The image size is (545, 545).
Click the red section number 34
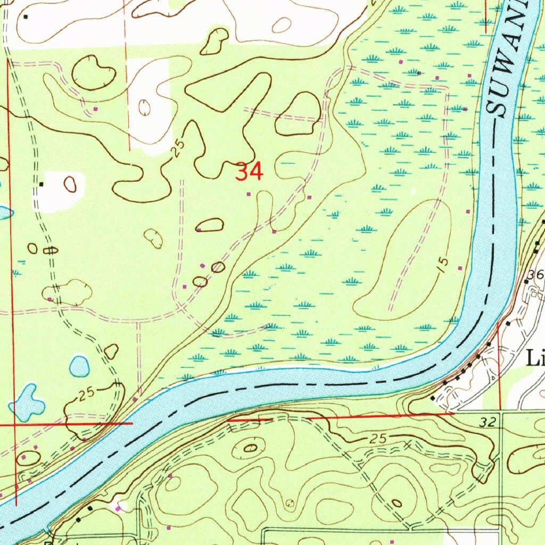[249, 172]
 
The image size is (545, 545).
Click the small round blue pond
[79, 366]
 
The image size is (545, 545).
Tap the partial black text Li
[535, 358]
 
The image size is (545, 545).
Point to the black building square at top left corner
[26, 16]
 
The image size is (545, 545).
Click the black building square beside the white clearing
[41, 184]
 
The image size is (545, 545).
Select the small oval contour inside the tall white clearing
[144, 107]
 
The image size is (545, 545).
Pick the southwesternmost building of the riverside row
[433, 398]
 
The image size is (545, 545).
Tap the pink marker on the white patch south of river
[118, 509]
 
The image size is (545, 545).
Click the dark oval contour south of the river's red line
[250, 448]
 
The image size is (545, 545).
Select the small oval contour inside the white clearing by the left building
[70, 184]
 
